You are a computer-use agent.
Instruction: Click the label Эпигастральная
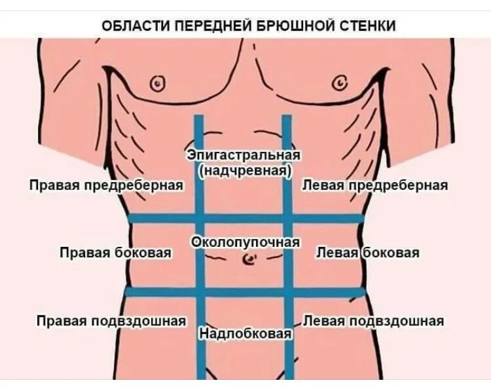point(244,155)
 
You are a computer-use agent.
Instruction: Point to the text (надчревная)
point(244,170)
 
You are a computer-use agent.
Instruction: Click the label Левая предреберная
point(374,185)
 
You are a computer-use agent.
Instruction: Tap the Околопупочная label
point(245,242)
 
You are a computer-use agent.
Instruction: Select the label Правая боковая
point(116,252)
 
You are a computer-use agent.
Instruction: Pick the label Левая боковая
point(367,252)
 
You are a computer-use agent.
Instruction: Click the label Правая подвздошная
point(111,321)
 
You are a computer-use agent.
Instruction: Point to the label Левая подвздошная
point(374,321)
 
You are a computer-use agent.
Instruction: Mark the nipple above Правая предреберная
point(157,83)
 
